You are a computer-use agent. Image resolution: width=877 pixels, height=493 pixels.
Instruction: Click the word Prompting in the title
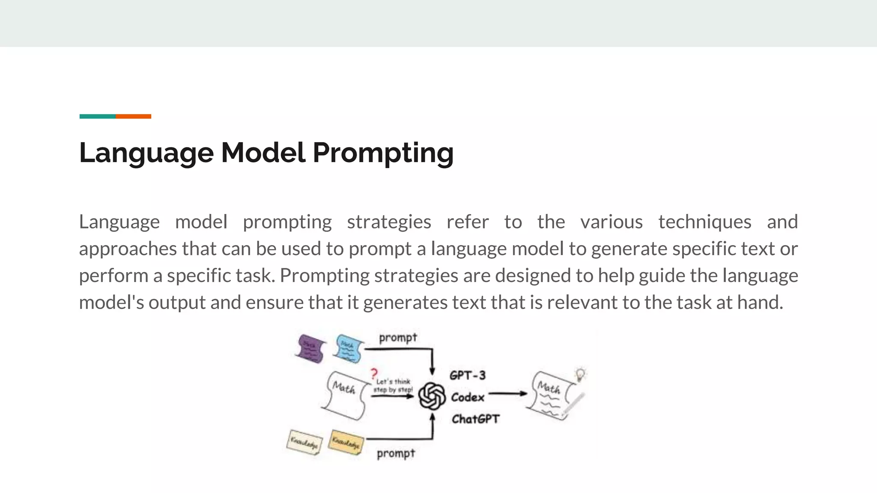pos(383,153)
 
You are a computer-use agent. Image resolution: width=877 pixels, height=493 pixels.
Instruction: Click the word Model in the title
pos(263,153)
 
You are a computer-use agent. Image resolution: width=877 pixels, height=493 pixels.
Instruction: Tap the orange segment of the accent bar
pos(133,116)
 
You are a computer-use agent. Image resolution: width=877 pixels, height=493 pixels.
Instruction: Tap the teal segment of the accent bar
pos(97,116)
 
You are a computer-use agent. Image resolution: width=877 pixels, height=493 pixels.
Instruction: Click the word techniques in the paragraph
pos(704,222)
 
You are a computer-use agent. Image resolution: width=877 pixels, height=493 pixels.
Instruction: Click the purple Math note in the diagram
pos(310,348)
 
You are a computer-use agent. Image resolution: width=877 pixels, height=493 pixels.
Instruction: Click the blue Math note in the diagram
pos(349,348)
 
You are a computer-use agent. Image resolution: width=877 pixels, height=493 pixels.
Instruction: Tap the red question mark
pos(374,373)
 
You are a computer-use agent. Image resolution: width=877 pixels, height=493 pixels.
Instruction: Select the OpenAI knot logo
pos(432,396)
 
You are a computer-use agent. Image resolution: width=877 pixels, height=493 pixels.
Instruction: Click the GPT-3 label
pos(467,375)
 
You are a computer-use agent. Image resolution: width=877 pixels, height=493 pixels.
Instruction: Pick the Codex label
pos(467,397)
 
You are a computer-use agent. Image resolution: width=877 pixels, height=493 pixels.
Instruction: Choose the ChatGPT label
pos(475,419)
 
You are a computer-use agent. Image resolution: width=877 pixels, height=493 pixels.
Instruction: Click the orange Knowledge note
pos(346,442)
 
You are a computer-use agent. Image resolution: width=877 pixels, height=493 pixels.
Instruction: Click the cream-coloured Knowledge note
pos(304,442)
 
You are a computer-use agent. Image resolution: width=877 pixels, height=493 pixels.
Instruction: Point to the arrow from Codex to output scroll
pos(507,393)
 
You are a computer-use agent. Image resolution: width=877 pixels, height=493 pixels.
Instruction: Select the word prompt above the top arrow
pos(398,338)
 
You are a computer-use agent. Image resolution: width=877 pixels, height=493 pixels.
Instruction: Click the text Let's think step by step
pos(393,386)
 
